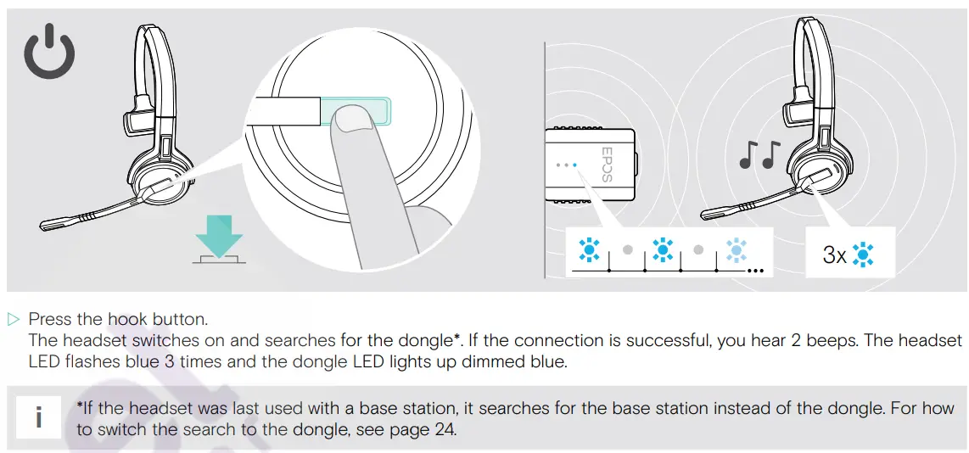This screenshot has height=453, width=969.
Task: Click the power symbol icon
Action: (x=48, y=53)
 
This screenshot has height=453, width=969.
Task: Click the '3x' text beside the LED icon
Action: (x=835, y=254)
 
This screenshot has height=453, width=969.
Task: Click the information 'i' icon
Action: (x=38, y=418)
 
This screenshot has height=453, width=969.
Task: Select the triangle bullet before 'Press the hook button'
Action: (x=13, y=320)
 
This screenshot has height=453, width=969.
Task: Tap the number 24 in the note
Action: (x=445, y=429)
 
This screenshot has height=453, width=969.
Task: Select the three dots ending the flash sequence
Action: (x=754, y=271)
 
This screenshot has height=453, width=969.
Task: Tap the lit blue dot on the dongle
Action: (x=574, y=165)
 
